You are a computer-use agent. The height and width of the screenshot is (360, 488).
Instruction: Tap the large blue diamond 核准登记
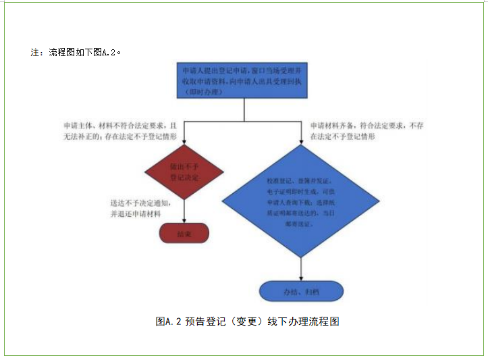pos(300,203)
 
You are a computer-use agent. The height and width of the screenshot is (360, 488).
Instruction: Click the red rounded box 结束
pos(184,233)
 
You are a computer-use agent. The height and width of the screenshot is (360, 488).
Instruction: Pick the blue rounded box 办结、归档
pos(301,291)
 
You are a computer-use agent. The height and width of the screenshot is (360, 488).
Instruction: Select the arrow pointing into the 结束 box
pos(184,220)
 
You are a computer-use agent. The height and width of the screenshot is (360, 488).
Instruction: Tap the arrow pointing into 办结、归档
pos(301,277)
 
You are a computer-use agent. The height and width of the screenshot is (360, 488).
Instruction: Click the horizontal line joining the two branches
pos(242,122)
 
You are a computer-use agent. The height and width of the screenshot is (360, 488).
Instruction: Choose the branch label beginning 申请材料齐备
pos(367,126)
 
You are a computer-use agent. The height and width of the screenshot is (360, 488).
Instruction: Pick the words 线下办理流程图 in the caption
pos(303,322)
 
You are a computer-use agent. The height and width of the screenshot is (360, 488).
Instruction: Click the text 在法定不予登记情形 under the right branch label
pos(342,136)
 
